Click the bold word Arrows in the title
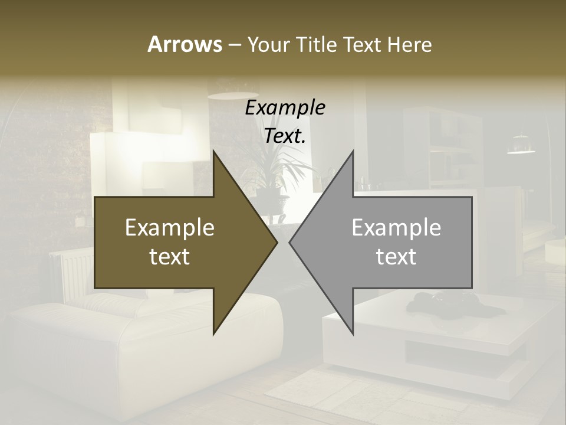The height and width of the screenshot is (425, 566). [x=185, y=44]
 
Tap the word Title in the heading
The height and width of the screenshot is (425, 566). [x=317, y=44]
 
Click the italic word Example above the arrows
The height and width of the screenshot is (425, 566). [x=285, y=108]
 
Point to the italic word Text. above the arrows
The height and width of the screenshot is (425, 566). [x=285, y=136]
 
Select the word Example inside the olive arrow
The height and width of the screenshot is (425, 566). [x=170, y=228]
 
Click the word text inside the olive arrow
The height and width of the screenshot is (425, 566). [x=170, y=257]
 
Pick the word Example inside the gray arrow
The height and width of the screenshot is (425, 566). [x=396, y=228]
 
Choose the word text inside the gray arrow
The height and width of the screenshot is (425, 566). [x=396, y=257]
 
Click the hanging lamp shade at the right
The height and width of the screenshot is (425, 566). [x=521, y=145]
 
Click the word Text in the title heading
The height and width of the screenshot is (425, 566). [x=364, y=44]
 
